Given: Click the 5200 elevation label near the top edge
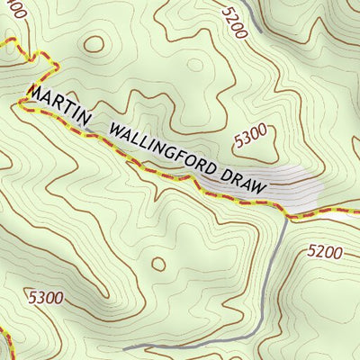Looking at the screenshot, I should [232, 21].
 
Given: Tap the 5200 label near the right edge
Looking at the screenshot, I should [324, 252].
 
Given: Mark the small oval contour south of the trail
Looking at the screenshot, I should [158, 264].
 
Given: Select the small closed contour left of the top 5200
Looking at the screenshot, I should [195, 64].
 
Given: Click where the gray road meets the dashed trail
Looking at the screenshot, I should [286, 216].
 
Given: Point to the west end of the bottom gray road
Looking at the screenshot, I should [125, 347].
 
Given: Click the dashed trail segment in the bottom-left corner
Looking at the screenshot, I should [6, 344].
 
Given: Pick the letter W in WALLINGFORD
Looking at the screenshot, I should [114, 129].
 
